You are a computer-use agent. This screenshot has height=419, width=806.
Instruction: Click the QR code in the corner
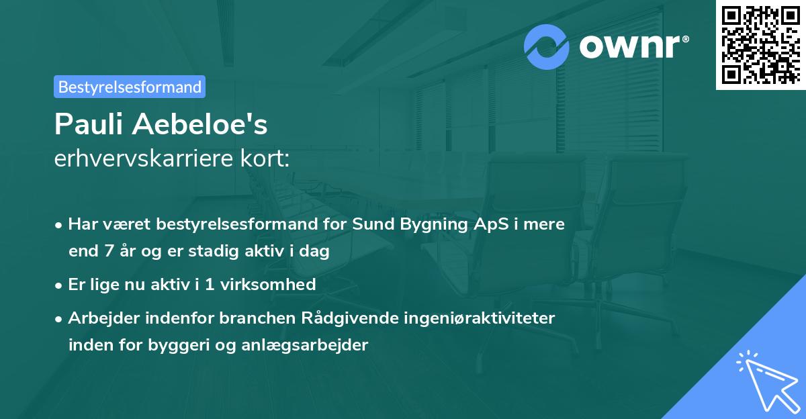(x=760, y=44)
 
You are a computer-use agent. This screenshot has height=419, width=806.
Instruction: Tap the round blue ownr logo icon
(x=547, y=46)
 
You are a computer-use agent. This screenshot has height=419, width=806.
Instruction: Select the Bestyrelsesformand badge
(x=130, y=87)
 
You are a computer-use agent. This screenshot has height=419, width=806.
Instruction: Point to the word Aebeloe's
(x=202, y=124)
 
